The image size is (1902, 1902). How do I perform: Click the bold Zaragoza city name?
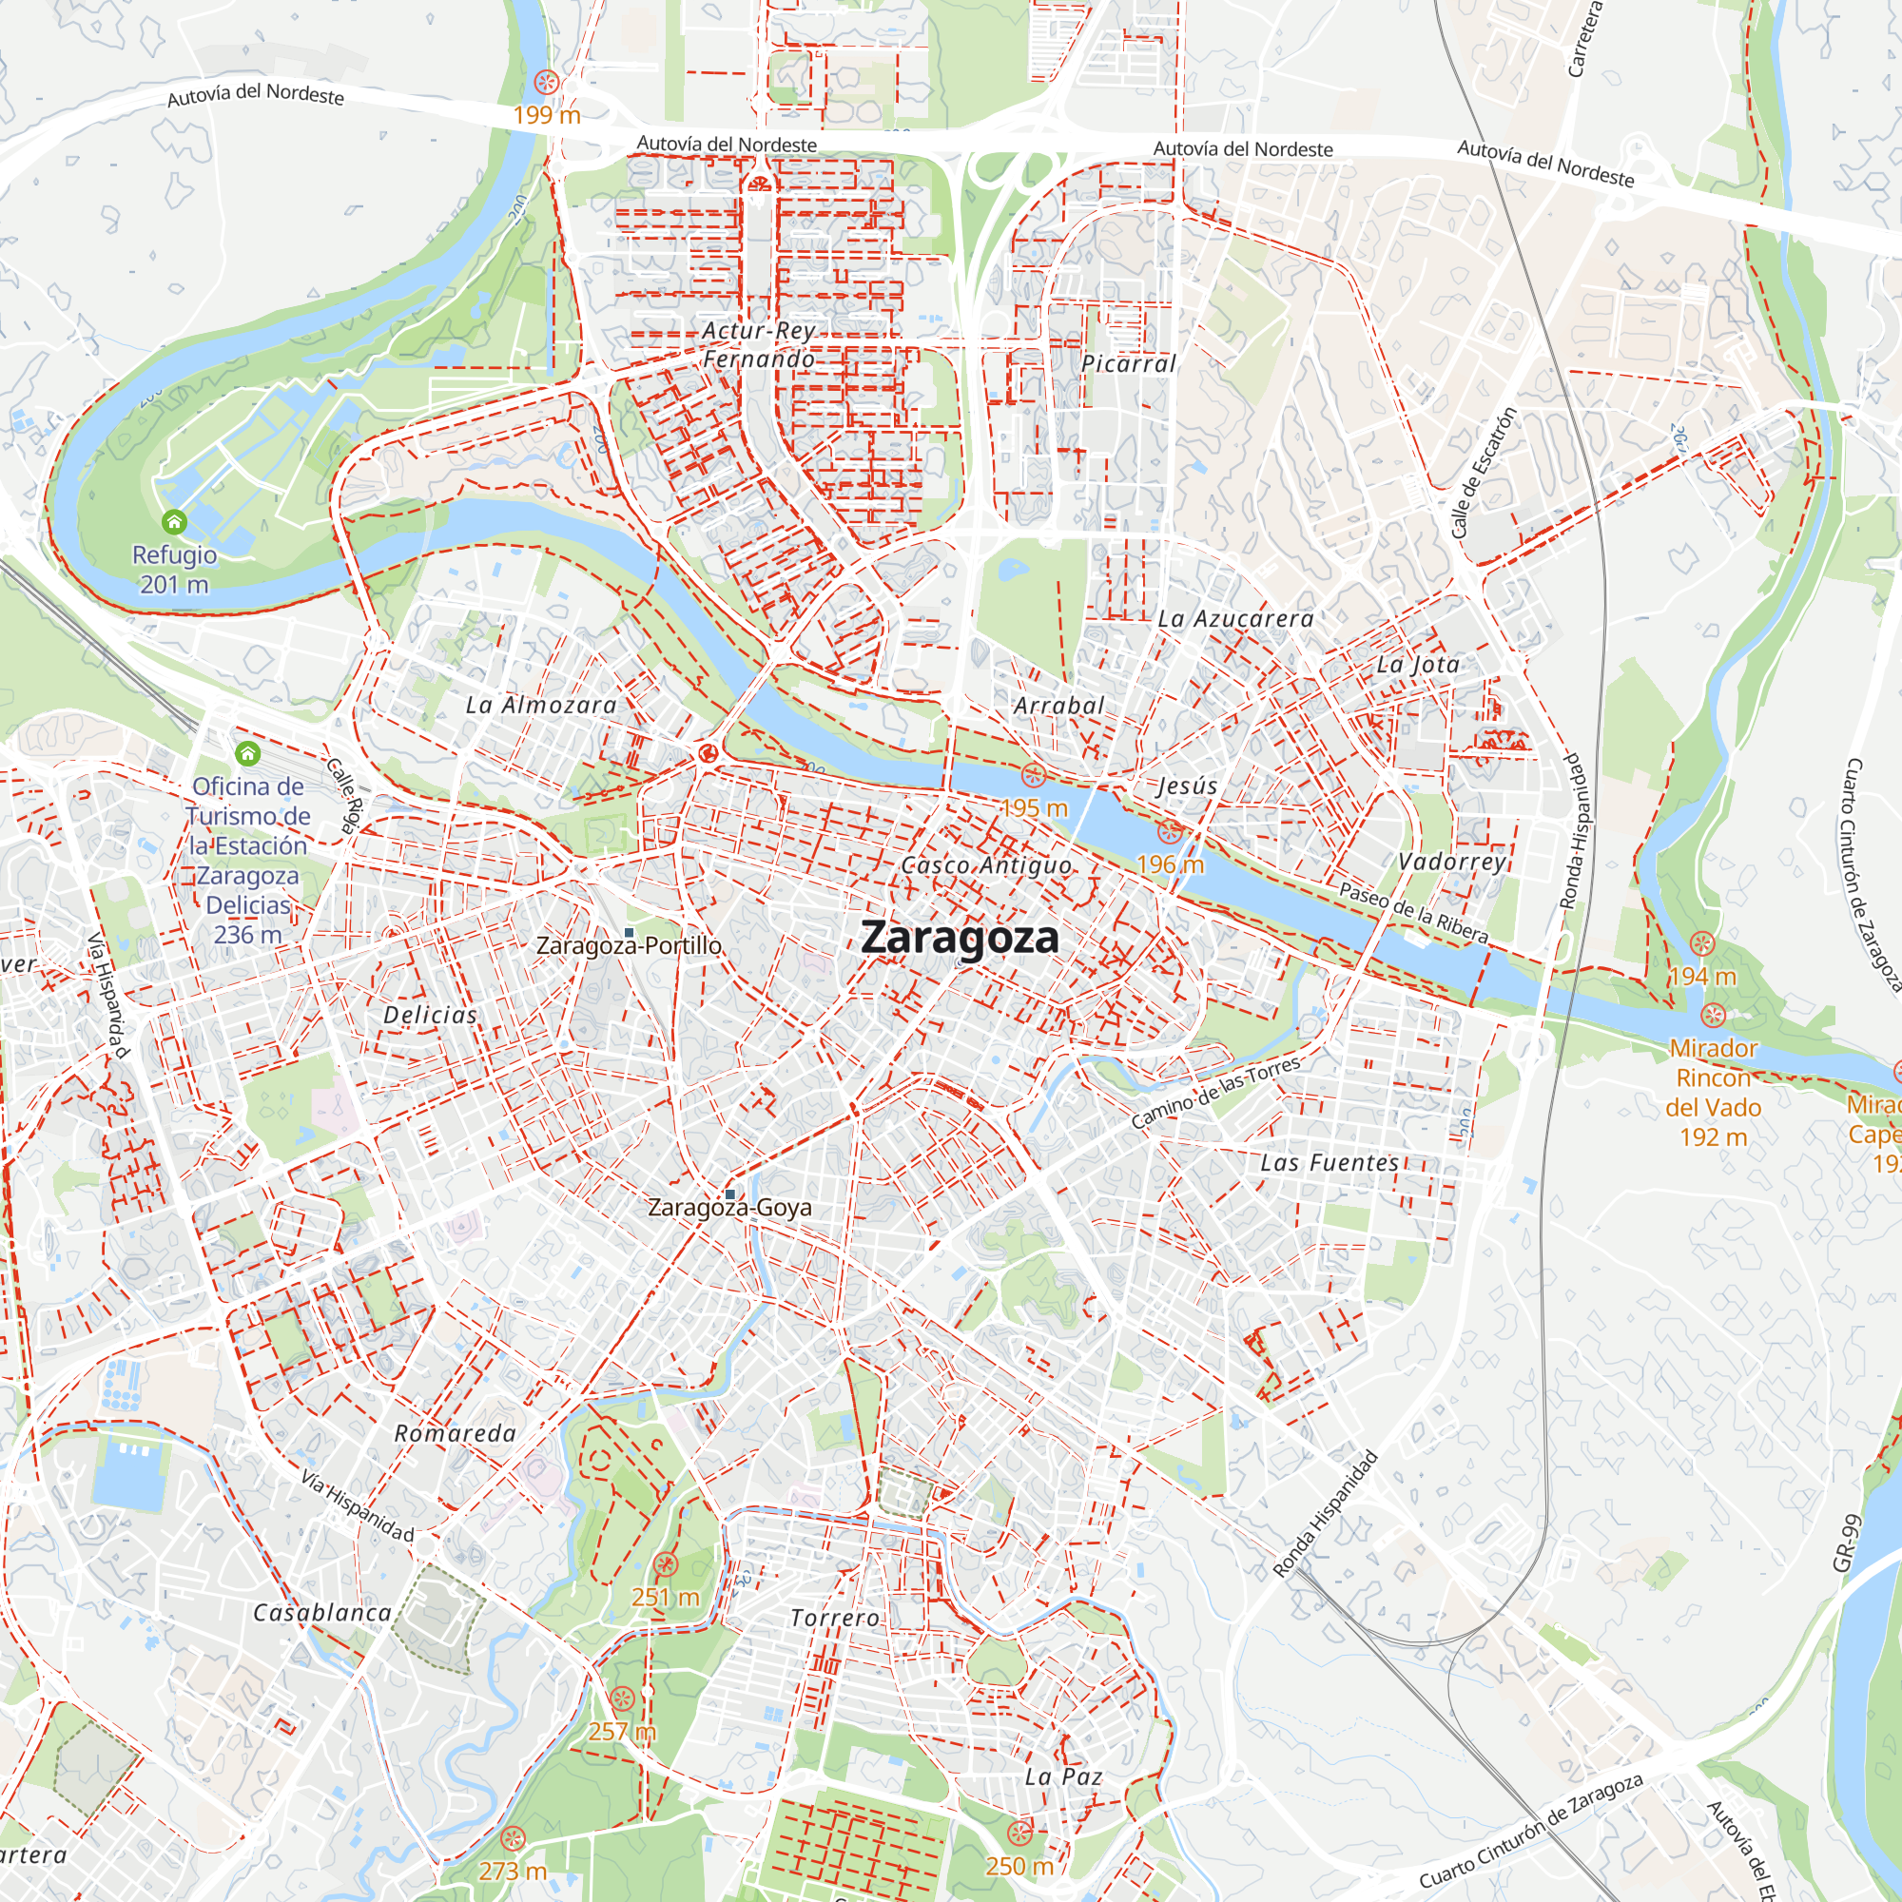960,938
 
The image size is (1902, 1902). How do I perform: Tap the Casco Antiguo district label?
986,865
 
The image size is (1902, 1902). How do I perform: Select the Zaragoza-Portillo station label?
628,946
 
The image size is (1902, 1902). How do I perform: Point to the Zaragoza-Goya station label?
729,1208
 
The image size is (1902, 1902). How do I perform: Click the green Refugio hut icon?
174,522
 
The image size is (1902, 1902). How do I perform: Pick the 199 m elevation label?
547,115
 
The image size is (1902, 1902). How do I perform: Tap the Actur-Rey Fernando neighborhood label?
759,344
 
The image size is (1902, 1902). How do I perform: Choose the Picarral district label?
1128,363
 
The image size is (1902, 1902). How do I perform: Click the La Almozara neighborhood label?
540,705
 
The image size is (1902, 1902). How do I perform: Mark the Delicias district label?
430,1015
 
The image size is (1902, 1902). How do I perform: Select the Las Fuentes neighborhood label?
1329,1163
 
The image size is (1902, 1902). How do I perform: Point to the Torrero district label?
835,1618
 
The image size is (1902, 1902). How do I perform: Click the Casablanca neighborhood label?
322,1613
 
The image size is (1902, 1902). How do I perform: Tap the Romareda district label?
455,1433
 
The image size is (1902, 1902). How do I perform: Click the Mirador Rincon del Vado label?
1713,1093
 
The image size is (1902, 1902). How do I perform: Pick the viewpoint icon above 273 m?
512,1838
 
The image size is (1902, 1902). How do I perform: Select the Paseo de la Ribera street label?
1414,913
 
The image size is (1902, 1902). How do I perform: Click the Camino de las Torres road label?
1215,1092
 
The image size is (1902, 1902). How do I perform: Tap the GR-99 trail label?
1846,1543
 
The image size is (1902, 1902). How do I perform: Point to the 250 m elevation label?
1019,1866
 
